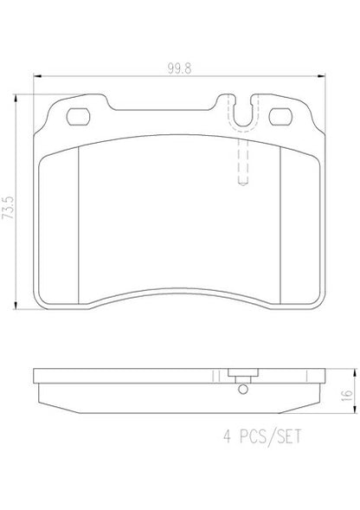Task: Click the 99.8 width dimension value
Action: coord(179,68)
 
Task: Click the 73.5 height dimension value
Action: coord(8,208)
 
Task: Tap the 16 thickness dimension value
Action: coord(348,395)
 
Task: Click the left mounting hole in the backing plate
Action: coord(78,117)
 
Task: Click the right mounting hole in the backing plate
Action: coord(280,117)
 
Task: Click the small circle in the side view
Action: coord(243,389)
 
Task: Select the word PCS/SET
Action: coord(271,436)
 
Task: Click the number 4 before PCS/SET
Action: coord(227,436)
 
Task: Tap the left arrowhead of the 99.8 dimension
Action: coord(37,76)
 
